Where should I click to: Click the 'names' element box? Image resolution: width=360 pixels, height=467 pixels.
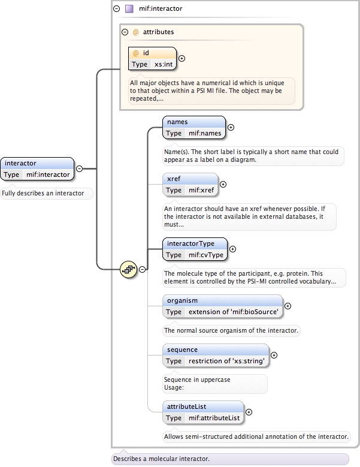click(194, 128)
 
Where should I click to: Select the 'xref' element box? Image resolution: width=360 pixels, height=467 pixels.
click(190, 184)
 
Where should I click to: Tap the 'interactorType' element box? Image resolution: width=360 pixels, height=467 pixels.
click(196, 249)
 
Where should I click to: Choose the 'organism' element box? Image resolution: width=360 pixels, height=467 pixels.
click(222, 306)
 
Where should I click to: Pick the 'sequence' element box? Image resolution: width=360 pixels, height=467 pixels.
click(214, 355)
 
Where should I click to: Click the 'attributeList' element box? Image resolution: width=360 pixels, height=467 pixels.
click(204, 412)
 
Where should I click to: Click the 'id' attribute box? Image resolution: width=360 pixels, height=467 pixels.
click(153, 58)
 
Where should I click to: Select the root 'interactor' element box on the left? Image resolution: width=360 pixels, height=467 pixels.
click(38, 168)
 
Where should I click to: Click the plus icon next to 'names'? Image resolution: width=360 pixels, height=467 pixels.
click(231, 127)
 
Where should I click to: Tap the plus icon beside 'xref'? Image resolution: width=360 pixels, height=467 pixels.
click(223, 184)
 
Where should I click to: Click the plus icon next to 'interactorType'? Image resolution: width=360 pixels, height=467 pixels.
click(233, 249)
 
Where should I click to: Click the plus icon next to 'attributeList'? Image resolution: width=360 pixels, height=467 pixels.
click(249, 412)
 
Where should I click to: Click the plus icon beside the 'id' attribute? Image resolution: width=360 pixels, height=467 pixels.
click(182, 59)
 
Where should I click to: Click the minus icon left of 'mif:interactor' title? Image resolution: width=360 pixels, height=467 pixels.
click(116, 9)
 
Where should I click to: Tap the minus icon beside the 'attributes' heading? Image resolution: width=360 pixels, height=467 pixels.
click(125, 32)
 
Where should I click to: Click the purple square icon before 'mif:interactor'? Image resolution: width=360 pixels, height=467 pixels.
click(129, 9)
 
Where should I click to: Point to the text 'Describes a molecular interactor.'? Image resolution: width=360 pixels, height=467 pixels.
click(161, 459)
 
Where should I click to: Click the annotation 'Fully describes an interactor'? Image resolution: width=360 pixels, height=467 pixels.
click(47, 193)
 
